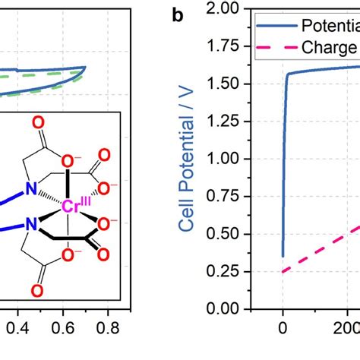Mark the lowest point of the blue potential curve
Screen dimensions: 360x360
(283, 256)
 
